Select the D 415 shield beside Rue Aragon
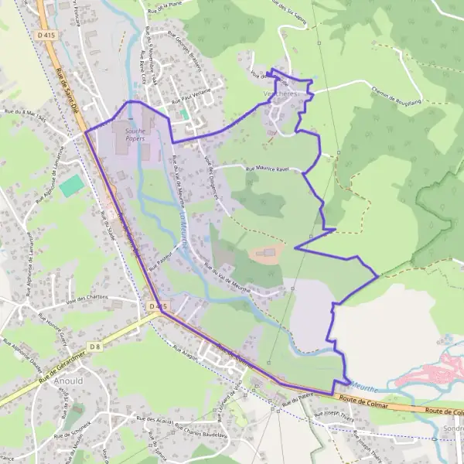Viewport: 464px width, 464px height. [157, 307]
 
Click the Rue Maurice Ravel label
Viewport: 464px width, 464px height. [265, 169]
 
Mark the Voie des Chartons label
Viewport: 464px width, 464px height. [85, 299]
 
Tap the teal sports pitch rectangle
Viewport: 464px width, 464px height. [70, 186]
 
